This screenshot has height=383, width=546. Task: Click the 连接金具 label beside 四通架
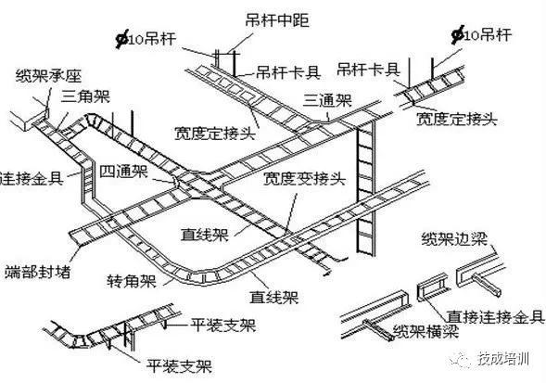pos(33,176)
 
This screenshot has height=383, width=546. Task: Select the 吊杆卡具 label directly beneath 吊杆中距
pos(282,70)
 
